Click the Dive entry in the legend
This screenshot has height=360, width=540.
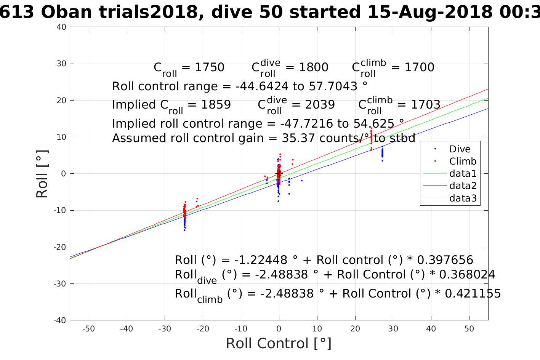[460, 149]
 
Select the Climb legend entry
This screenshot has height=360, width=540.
[463, 161]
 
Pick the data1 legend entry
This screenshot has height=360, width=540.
[463, 174]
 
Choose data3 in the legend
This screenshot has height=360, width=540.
[463, 198]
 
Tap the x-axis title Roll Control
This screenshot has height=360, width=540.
[279, 343]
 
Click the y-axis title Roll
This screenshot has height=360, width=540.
[42, 174]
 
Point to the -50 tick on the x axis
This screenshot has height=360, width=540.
[88, 329]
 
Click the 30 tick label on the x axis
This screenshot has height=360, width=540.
[393, 329]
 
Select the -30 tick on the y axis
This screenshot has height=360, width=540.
[60, 284]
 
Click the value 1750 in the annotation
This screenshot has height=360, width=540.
[209, 67]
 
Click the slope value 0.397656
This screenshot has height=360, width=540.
[445, 260]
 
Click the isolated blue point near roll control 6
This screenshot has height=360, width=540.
[302, 181]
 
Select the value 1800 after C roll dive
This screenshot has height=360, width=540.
[313, 67]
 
